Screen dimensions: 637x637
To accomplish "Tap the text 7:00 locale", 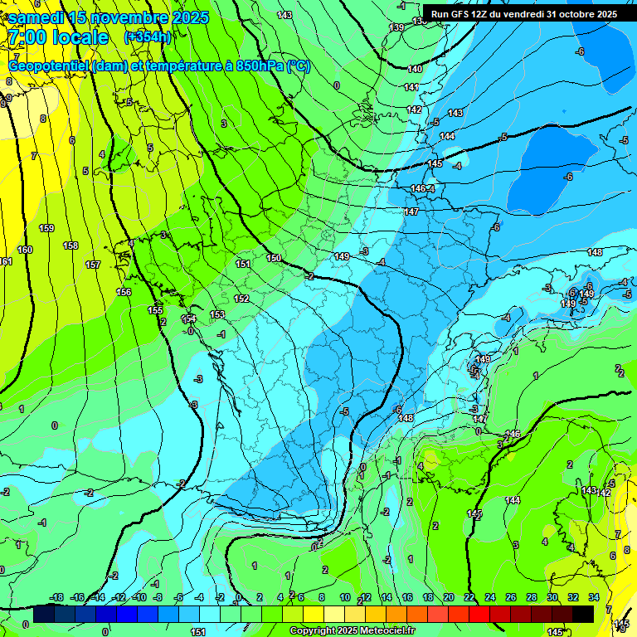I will point(58,37).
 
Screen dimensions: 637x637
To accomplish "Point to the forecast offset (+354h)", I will point(148,37).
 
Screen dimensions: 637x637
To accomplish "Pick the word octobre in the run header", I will point(575,14).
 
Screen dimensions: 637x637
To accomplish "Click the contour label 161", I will point(6,262).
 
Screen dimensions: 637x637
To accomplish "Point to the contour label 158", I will point(71,246).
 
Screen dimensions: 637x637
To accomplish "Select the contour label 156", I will point(124,292).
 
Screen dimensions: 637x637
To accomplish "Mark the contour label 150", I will point(274,259).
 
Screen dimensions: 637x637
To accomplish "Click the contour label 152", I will point(241,299).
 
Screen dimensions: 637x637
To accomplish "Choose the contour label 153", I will point(217,314).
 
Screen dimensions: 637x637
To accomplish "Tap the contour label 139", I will point(397,28).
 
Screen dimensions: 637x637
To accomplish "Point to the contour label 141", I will point(411,87).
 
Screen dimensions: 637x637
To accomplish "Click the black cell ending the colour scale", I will point(583,613).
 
